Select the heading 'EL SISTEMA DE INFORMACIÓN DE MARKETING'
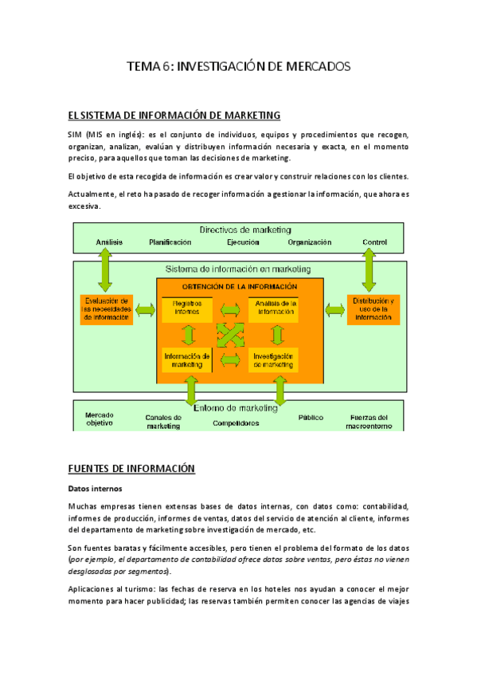coord(174,116)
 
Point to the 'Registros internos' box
coord(187,309)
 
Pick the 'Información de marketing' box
coord(187,360)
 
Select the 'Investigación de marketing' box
coord(273,360)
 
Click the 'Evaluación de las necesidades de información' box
coord(106,309)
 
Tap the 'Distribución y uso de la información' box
coord(373,309)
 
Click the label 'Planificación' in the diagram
coord(170,242)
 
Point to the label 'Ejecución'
coord(242,242)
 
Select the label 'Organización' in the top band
coord(309,242)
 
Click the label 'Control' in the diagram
coord(374,242)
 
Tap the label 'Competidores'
coord(236,423)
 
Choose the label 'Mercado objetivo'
coord(100,419)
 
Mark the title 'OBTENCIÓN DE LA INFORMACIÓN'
coord(240,286)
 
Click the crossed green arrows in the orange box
coord(231,334)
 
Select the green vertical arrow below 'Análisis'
coord(104,269)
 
